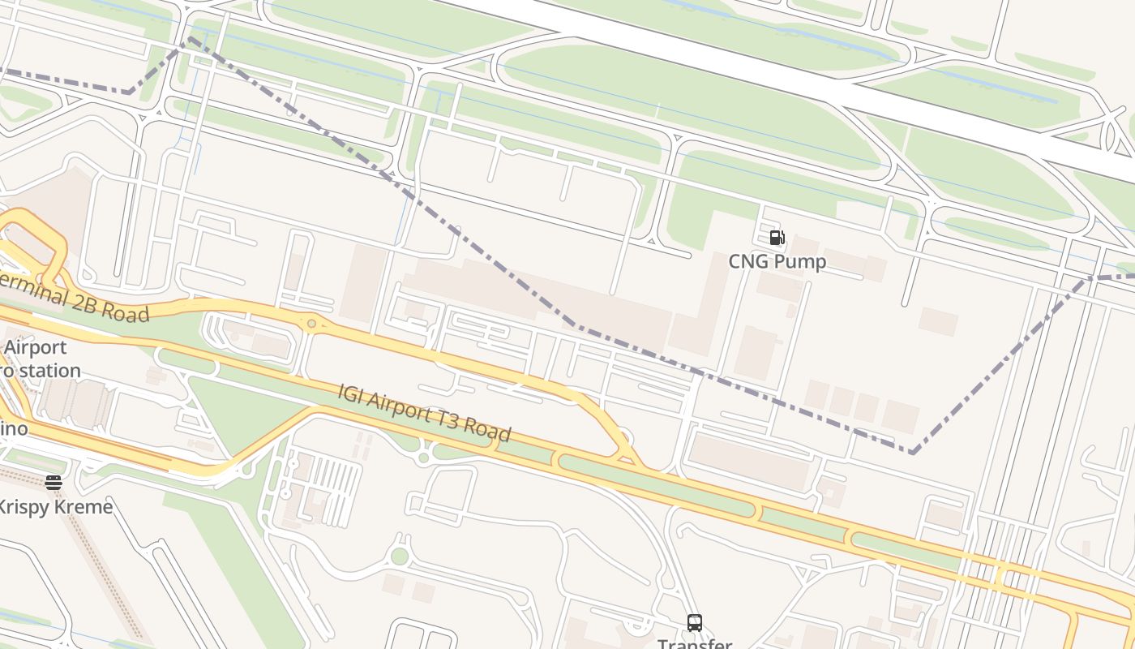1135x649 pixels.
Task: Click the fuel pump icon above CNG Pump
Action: click(777, 238)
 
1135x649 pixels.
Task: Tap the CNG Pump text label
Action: click(777, 261)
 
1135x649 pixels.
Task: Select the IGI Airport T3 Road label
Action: click(425, 413)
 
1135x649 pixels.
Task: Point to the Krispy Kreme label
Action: click(55, 507)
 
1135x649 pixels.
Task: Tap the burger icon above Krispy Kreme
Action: click(54, 483)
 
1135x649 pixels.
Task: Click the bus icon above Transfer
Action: click(695, 622)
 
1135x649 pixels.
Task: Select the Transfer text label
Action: click(695, 643)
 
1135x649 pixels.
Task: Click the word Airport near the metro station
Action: click(35, 347)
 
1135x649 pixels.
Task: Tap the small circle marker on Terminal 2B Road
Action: click(311, 324)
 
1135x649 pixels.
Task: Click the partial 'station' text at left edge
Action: click(49, 371)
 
